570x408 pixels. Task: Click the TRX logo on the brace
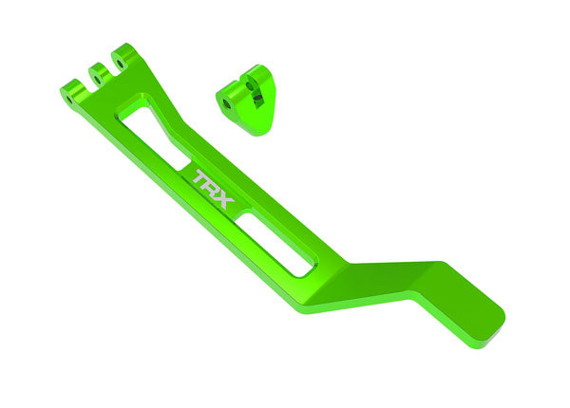pos(211,179)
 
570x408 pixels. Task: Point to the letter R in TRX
pos(211,179)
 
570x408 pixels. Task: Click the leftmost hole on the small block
pos(226,103)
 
